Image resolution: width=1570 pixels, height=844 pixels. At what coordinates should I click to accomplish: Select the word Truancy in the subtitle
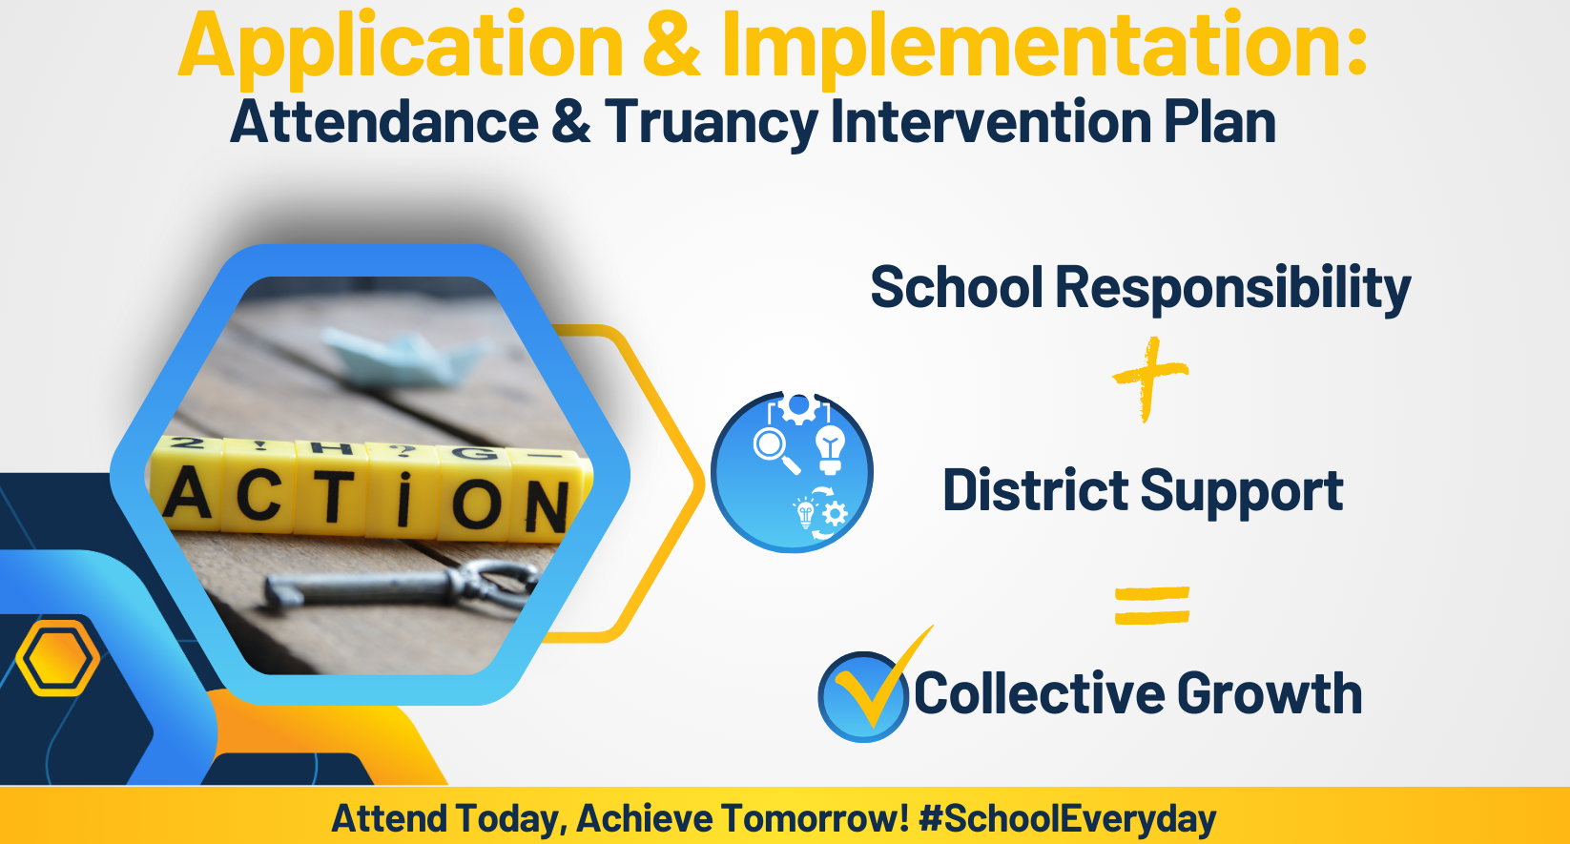click(x=712, y=123)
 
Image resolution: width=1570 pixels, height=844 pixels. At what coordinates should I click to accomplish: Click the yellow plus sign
click(x=1150, y=379)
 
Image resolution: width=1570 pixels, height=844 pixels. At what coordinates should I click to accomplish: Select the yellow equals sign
click(x=1152, y=606)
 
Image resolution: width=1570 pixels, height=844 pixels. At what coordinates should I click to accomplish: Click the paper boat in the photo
click(x=405, y=358)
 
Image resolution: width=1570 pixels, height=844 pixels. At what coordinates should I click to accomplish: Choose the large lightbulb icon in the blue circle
click(x=831, y=449)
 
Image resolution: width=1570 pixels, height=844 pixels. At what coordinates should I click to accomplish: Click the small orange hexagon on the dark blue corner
click(x=58, y=657)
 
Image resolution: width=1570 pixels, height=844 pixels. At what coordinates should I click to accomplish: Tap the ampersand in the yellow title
click(x=671, y=47)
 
